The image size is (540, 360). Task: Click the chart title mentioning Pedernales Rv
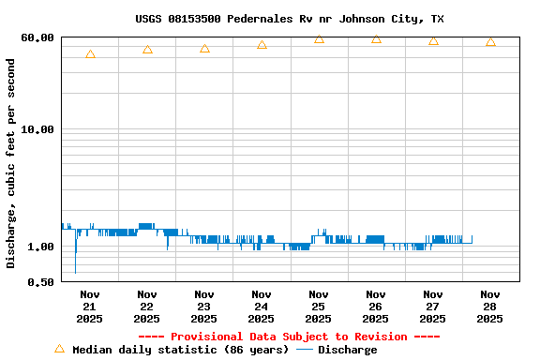(290, 19)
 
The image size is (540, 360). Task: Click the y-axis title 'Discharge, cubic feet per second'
(11, 164)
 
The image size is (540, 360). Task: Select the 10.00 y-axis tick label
(37, 129)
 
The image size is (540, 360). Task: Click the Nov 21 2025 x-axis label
(90, 307)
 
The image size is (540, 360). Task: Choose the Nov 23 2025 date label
(204, 307)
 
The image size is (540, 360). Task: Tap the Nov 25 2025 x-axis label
(319, 307)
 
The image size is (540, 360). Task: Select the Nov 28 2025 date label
(489, 307)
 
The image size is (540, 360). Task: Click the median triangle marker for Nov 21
(90, 54)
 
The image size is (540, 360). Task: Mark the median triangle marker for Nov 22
(147, 50)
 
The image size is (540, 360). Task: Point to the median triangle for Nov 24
(262, 44)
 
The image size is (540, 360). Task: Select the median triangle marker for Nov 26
(376, 39)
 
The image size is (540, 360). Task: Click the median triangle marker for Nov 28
(490, 42)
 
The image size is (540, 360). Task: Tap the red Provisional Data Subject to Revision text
(289, 337)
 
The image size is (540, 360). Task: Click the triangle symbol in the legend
(59, 349)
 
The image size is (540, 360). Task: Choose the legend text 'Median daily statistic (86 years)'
(180, 350)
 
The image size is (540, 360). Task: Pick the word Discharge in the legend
(347, 350)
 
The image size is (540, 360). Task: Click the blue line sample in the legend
(305, 350)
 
